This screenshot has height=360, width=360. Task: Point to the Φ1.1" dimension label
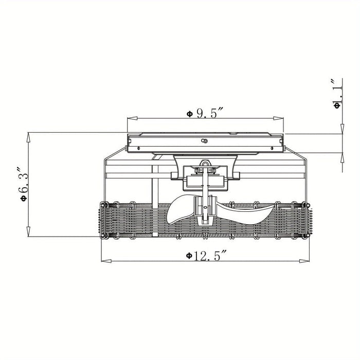tap(336, 94)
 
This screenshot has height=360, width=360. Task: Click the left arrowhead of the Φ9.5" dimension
tap(132, 118)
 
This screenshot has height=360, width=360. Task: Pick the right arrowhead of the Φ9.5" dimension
tap(279, 118)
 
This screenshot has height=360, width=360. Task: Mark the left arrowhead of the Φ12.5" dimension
tap(106, 261)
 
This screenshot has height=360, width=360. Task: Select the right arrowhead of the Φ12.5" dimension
tap(304, 261)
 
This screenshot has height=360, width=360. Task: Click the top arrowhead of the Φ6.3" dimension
tap(28, 137)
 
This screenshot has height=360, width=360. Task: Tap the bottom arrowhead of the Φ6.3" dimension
tap(28, 231)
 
